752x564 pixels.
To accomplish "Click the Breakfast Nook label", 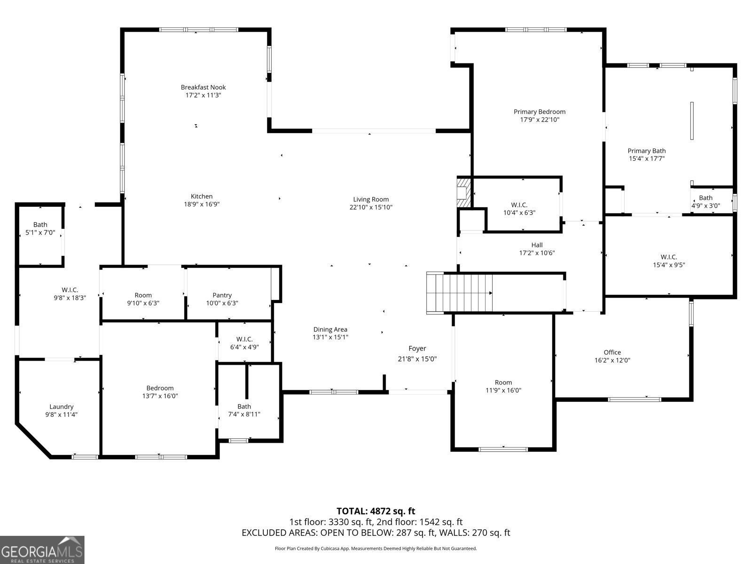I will pyautogui.click(x=203, y=87).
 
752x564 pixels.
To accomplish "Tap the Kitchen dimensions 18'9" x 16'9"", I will pyautogui.click(x=202, y=204).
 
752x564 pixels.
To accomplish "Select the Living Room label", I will pyautogui.click(x=371, y=199).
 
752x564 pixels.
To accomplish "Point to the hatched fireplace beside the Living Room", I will pyautogui.click(x=463, y=192).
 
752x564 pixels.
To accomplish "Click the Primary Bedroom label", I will pyautogui.click(x=539, y=112).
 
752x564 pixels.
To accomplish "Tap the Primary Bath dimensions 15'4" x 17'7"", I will pyautogui.click(x=647, y=159).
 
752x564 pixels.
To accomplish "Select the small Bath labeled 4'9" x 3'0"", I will pyautogui.click(x=705, y=202).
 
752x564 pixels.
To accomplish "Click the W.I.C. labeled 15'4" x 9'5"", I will pyautogui.click(x=669, y=261).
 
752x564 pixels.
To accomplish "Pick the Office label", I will pyautogui.click(x=612, y=352).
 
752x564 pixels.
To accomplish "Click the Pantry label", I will pyautogui.click(x=222, y=295).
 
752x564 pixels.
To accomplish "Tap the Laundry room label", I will pyautogui.click(x=62, y=407).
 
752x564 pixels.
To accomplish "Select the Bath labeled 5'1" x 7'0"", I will pyautogui.click(x=40, y=228).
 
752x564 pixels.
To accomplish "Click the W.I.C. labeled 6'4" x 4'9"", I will pyautogui.click(x=244, y=343).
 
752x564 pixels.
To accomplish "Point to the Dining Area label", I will pyautogui.click(x=330, y=329).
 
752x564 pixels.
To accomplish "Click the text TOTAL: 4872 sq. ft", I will pyautogui.click(x=376, y=511).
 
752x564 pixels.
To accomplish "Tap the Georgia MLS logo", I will pyautogui.click(x=42, y=550).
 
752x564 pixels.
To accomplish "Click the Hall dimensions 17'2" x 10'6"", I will pyautogui.click(x=537, y=253).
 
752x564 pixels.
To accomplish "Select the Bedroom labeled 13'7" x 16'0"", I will pyautogui.click(x=160, y=392).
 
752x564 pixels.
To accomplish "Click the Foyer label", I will pyautogui.click(x=417, y=348).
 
